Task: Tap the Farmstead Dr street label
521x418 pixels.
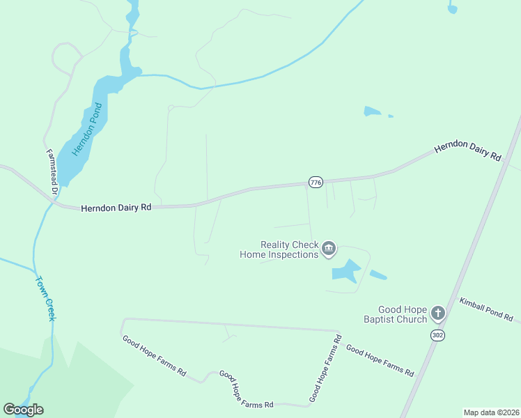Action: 52,172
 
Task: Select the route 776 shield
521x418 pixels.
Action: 316,182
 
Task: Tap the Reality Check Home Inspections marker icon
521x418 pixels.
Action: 329,249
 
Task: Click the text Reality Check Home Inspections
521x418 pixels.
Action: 279,249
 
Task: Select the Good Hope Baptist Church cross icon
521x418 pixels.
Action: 437,313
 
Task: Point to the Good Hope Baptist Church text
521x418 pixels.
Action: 402,314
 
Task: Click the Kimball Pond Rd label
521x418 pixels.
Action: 486,309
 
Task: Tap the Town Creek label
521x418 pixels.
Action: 45,298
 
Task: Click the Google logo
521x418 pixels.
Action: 23,410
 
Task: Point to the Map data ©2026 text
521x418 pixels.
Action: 490,412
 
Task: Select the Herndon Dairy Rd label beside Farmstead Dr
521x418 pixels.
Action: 116,208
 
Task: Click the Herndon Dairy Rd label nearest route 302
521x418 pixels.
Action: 467,152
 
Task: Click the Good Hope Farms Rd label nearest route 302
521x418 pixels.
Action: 380,361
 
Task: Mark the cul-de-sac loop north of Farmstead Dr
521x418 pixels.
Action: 64,56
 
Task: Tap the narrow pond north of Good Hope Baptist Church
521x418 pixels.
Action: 378,274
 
